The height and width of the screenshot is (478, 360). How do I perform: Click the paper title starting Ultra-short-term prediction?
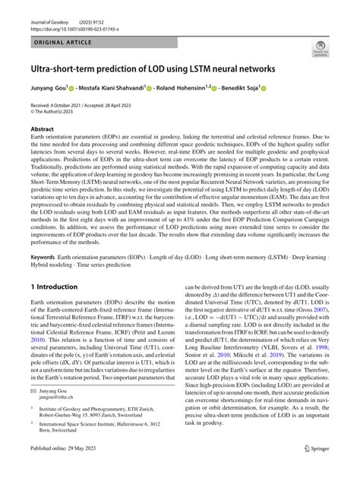(152, 68)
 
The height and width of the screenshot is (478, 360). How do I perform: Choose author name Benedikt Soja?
(262, 88)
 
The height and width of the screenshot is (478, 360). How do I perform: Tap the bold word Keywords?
(44, 259)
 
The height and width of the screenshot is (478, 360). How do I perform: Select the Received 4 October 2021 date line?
(84, 106)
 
